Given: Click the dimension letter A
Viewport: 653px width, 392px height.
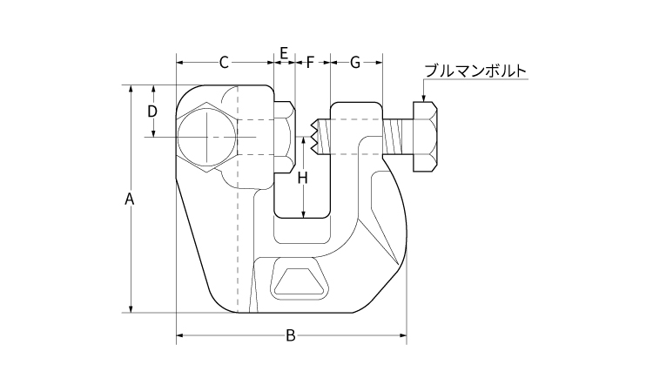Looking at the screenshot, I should pyautogui.click(x=129, y=199).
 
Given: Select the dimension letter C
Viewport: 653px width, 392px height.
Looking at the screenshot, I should pyautogui.click(x=224, y=62).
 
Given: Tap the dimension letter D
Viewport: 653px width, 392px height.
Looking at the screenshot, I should pyautogui.click(x=151, y=112).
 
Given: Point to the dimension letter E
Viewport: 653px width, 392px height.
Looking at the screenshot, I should pyautogui.click(x=284, y=55).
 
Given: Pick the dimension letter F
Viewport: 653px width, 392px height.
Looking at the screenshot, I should pyautogui.click(x=311, y=62).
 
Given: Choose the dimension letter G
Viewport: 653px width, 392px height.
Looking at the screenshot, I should pyautogui.click(x=354, y=62).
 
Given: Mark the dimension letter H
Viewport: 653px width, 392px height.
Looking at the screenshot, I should pyautogui.click(x=302, y=179).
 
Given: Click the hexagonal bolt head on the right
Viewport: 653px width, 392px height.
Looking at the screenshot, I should pyautogui.click(x=426, y=136).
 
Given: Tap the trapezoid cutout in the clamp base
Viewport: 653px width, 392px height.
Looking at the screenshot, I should pyautogui.click(x=299, y=280).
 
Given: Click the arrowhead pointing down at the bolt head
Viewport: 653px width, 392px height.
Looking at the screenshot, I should pyautogui.click(x=424, y=97).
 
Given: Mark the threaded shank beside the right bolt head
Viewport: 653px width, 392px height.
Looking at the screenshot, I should pyautogui.click(x=396, y=137).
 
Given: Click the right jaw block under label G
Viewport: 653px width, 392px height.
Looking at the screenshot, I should pyautogui.click(x=356, y=131).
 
